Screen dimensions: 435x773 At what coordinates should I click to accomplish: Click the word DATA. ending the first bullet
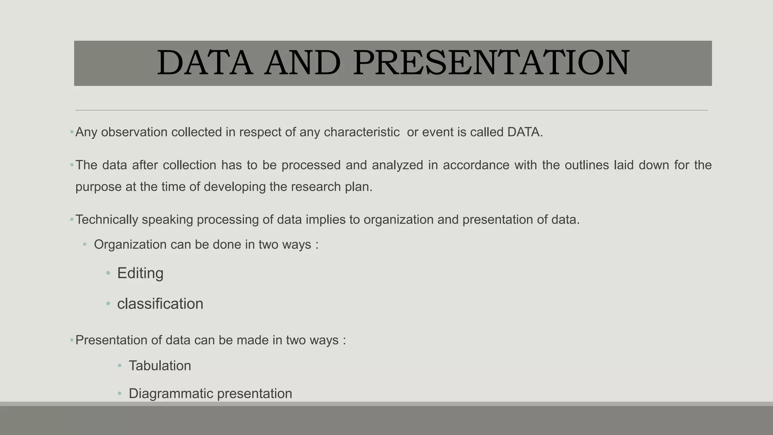coord(525,132)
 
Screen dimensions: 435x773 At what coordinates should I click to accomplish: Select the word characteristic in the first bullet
coord(361,132)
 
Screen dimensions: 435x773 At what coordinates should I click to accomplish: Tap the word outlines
coord(587,165)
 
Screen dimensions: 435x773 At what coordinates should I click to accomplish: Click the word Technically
coord(107,219)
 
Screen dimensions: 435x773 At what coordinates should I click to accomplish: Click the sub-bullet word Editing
coord(140,273)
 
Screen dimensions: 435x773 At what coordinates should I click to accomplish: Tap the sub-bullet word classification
coord(160,304)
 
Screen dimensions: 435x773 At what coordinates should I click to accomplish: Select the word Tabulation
coord(160,366)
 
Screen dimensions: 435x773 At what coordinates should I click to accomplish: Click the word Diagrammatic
coord(171,394)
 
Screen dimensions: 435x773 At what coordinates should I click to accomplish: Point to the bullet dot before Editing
coord(108,273)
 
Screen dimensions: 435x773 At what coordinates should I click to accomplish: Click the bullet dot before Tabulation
coord(120,366)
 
